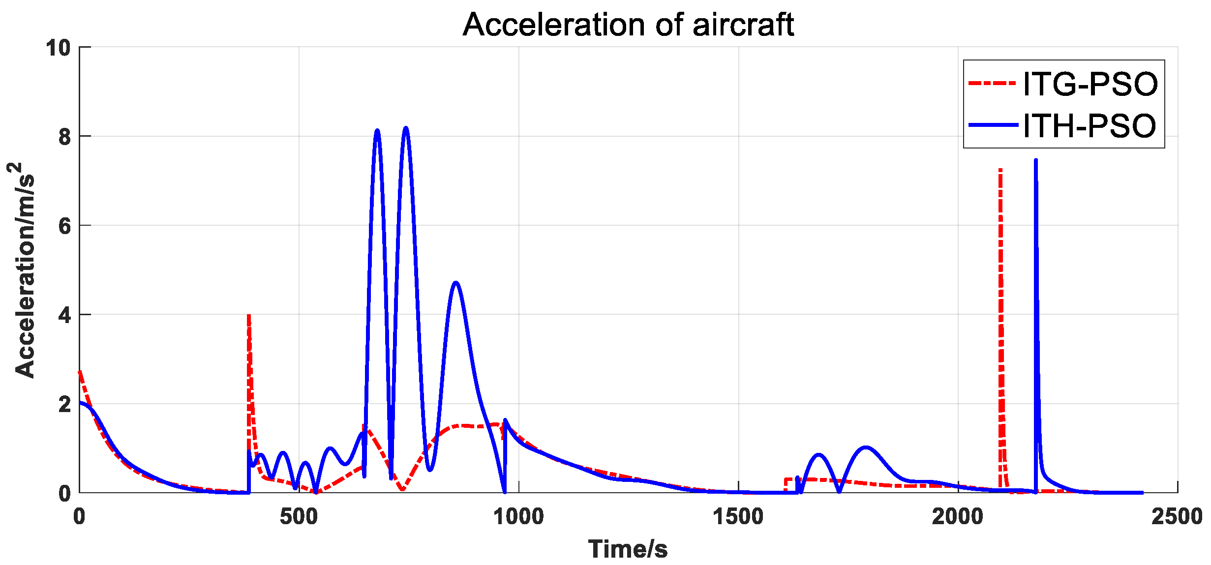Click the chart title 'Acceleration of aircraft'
[628, 25]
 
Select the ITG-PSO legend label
[1090, 84]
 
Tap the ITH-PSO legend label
[1089, 126]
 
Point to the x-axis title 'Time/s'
[628, 549]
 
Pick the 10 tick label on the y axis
[59, 48]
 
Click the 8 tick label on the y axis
[65, 137]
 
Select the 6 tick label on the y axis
[65, 226]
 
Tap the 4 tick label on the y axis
[65, 315]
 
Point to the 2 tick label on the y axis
[65, 405]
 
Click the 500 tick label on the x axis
[299, 517]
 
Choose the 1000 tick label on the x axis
[518, 517]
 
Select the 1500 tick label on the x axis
[738, 517]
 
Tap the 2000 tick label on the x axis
[957, 517]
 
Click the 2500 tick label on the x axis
[1177, 517]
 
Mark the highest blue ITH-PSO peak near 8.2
[406, 128]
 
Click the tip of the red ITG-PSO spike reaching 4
[249, 315]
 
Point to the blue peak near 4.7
[456, 283]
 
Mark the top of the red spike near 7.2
[1000, 170]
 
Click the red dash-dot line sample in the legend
[992, 84]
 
